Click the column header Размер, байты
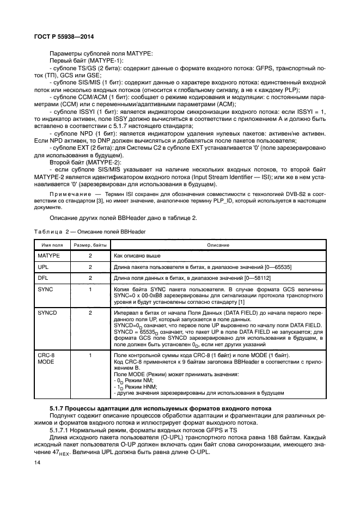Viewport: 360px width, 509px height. tap(90, 246)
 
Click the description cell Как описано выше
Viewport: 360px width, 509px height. tap(137, 255)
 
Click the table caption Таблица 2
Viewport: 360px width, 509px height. tap(53, 232)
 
